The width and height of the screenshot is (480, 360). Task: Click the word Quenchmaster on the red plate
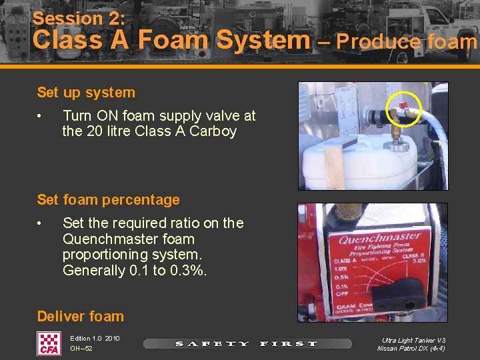coord(379,238)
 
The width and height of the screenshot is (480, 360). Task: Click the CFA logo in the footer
coord(49,343)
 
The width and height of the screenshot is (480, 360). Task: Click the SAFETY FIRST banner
coord(247,344)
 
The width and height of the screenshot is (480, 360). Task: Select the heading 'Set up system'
coord(86,93)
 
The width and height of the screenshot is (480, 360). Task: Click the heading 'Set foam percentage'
coord(108,199)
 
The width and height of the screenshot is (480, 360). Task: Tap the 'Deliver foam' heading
coord(81,316)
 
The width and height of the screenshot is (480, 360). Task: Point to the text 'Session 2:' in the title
coord(79,18)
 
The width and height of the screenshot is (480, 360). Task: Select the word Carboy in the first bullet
coord(213,131)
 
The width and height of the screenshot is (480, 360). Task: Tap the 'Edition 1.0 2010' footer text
coord(95,339)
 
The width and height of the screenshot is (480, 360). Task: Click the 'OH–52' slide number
coord(81,349)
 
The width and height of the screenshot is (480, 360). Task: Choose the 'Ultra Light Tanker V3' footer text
coord(411,339)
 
